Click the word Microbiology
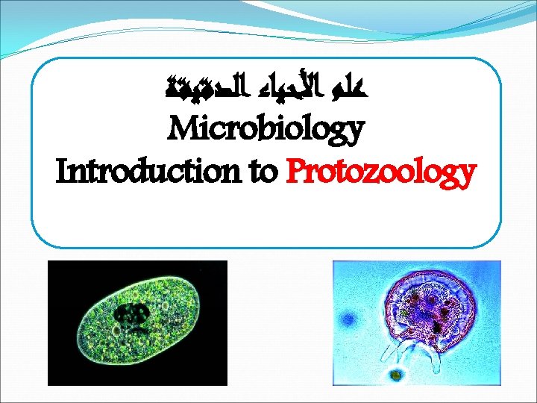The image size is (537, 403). [266, 131]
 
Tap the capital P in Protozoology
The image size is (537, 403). [295, 173]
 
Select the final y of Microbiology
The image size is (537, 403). [354, 134]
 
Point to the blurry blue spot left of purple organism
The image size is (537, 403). [348, 321]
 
